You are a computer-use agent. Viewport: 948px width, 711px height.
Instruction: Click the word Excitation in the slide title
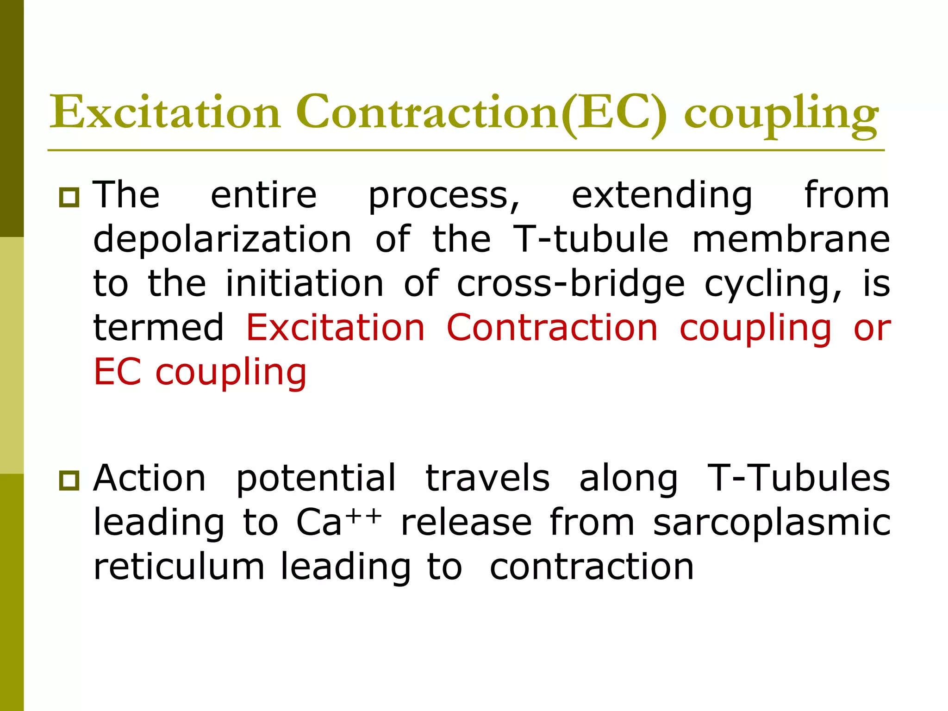tap(165, 112)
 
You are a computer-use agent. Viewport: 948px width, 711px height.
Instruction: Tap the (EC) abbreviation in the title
tap(614, 113)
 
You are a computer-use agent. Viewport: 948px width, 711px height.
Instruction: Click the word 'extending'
tap(662, 196)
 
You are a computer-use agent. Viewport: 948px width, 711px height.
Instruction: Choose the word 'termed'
tap(159, 328)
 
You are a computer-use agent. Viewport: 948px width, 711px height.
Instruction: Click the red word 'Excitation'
tap(335, 328)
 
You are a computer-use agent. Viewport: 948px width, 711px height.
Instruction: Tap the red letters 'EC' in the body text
tap(118, 372)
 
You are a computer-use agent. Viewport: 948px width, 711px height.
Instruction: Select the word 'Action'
tap(150, 478)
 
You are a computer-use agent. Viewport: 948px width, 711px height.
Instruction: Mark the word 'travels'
tap(488, 478)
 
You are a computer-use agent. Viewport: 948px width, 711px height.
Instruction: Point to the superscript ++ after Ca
tap(365, 515)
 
